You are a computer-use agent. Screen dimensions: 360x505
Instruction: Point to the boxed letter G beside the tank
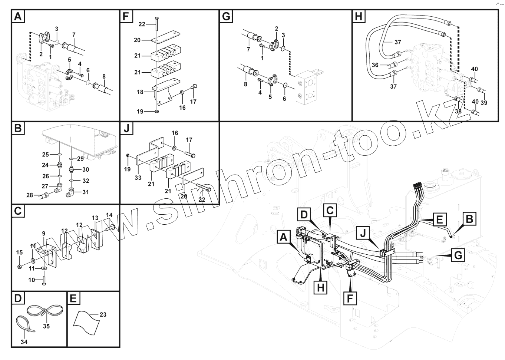458,255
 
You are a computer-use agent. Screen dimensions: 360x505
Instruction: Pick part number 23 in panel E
103,314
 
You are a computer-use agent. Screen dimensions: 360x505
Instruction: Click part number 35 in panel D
46,326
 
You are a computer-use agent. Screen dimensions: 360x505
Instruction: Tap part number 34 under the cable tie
24,342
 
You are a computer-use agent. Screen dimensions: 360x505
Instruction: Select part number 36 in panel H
375,65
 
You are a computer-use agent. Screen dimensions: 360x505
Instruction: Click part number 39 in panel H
484,102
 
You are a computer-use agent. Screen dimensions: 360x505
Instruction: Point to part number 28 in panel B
30,195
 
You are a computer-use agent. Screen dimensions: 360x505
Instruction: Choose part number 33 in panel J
138,178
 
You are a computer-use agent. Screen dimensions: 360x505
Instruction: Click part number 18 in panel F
140,92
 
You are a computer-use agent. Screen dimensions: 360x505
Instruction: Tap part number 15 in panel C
19,252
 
